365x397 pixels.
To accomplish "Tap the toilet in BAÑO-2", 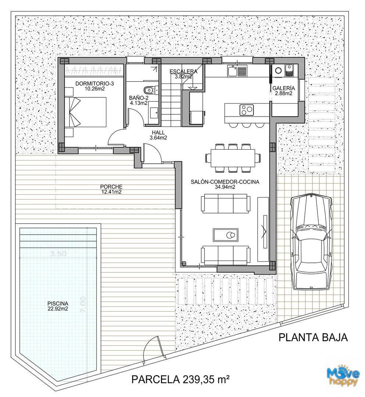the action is click(150, 90).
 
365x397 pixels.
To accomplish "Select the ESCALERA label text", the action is click(184, 71).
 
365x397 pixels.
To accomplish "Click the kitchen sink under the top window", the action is click(237, 71).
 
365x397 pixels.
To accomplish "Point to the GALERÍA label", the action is click(284, 88).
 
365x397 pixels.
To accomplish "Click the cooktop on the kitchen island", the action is click(247, 110).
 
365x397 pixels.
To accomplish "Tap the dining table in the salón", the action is click(233, 158).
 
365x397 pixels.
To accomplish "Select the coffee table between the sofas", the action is click(226, 235).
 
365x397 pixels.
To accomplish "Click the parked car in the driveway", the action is click(311, 242).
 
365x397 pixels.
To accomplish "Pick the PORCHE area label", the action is click(111, 187).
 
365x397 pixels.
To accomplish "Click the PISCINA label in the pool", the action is click(57, 303).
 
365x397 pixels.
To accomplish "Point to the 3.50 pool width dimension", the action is click(58, 254).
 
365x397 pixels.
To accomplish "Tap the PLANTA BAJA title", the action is click(313, 337).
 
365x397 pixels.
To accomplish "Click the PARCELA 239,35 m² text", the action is click(181, 379).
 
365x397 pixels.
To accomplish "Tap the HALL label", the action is click(158, 132).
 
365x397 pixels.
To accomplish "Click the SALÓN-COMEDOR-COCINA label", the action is click(225, 182).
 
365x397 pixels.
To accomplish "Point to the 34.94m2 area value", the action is click(225, 187).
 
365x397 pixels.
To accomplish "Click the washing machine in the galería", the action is click(278, 70).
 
